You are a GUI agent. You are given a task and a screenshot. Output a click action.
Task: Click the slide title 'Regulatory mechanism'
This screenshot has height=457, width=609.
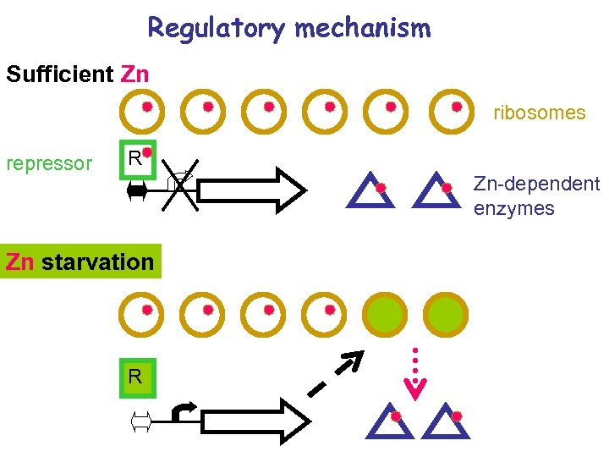point(288,28)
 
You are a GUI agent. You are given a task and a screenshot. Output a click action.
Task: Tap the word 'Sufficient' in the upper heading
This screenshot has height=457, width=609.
point(59,74)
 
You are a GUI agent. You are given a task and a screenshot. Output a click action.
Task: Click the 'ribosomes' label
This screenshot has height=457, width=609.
point(539,113)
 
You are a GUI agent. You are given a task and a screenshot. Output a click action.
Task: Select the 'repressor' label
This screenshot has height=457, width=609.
point(49,163)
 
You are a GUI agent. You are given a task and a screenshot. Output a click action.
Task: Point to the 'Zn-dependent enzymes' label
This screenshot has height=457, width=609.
point(535,195)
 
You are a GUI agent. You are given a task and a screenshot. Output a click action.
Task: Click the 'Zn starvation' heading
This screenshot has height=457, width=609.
point(80,262)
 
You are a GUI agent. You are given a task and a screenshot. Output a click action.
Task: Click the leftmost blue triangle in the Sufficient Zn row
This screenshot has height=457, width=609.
point(372,190)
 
